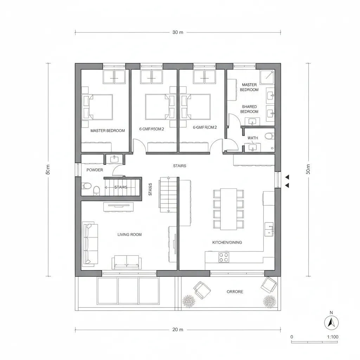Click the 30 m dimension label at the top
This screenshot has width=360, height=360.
[x=178, y=32]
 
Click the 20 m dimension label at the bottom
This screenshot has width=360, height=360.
[x=178, y=330]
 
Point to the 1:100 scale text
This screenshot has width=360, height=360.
[x=333, y=337]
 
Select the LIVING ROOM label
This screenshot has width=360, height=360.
[x=129, y=234]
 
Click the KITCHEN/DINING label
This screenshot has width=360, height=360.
[x=227, y=243]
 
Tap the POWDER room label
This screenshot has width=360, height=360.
[x=95, y=170]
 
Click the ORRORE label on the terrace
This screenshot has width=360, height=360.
[x=235, y=292]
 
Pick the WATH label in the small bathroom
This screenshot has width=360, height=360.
[x=252, y=138]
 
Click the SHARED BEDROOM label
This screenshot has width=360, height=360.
[x=249, y=109]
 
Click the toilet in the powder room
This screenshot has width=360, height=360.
[x=86, y=186]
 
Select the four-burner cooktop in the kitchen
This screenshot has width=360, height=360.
[x=224, y=257]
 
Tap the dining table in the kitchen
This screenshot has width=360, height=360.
[x=229, y=209]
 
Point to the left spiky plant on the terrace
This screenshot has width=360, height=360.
[x=189, y=301]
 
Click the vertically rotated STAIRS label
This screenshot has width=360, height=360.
[x=150, y=189]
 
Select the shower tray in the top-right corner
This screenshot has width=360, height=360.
[x=267, y=76]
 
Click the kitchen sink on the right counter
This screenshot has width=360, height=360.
[x=269, y=229]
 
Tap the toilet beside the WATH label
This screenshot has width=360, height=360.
[x=270, y=135]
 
